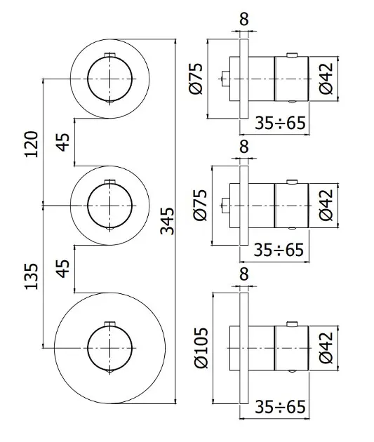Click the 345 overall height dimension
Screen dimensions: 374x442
[167, 221]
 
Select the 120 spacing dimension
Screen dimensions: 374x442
[32, 144]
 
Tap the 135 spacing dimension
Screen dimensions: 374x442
[32, 276]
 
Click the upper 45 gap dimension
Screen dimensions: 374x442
[62, 142]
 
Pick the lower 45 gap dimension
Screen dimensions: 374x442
[62, 269]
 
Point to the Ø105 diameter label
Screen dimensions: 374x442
[201, 347]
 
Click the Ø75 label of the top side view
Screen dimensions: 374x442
[196, 79]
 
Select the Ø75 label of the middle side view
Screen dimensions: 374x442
[200, 205]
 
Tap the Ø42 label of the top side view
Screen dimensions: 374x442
[326, 79]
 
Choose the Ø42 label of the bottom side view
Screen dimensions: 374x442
[326, 347]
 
